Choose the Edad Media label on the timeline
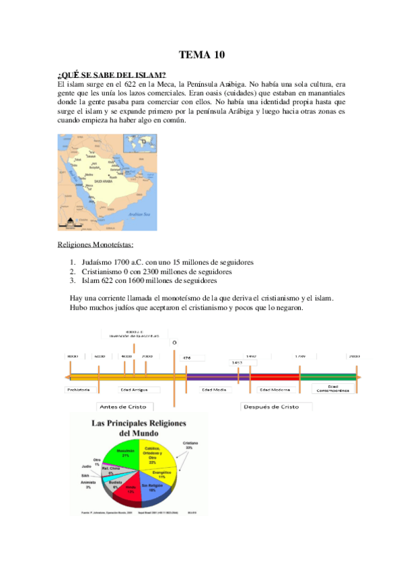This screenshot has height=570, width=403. tap(214, 389)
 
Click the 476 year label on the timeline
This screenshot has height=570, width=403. tap(187, 358)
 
